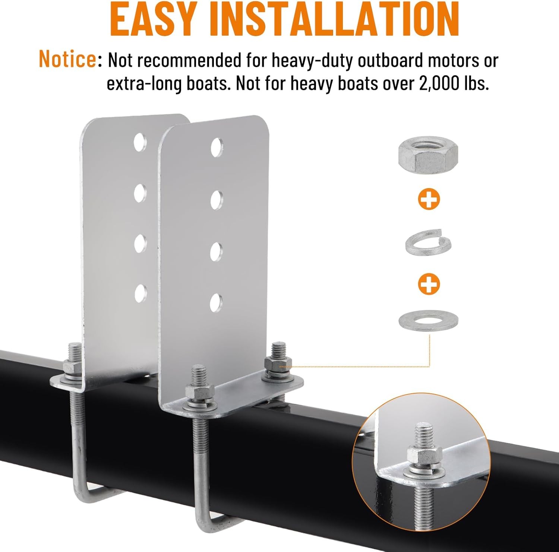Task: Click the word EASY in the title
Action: (x=153, y=19)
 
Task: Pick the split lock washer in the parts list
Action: (x=428, y=242)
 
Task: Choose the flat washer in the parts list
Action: (x=428, y=320)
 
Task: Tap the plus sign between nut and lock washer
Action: (x=429, y=200)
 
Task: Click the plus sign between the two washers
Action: (x=429, y=284)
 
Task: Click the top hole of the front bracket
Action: (x=217, y=147)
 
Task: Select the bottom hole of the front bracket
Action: (x=216, y=303)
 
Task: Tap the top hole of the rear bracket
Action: (x=140, y=142)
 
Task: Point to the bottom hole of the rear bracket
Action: (x=140, y=293)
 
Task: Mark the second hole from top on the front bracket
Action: (x=217, y=200)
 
